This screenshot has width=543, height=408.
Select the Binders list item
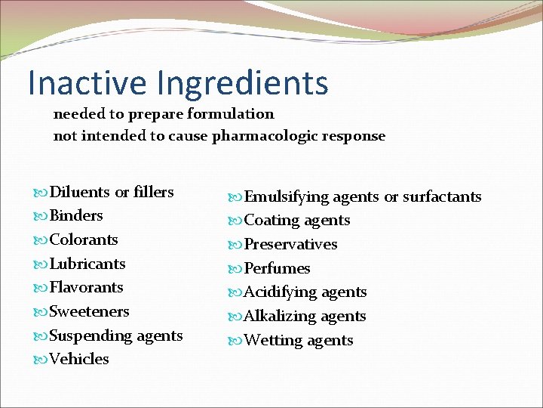coord(75,215)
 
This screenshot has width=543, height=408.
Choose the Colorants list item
coord(84,240)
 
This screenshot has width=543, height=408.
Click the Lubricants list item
coord(87,264)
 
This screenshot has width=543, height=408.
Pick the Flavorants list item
coord(86,287)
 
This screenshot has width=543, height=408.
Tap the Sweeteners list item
coord(89,311)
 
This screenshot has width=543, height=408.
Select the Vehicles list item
coord(78,359)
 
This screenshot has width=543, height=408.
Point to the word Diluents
coord(79,192)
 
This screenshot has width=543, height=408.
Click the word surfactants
coord(442,196)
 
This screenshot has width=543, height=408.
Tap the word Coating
coord(270,221)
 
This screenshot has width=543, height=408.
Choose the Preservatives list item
coord(290,244)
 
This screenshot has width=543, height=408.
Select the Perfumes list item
coord(277,268)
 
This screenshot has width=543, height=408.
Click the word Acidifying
coord(280,292)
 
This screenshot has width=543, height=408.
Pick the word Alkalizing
coord(280,316)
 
